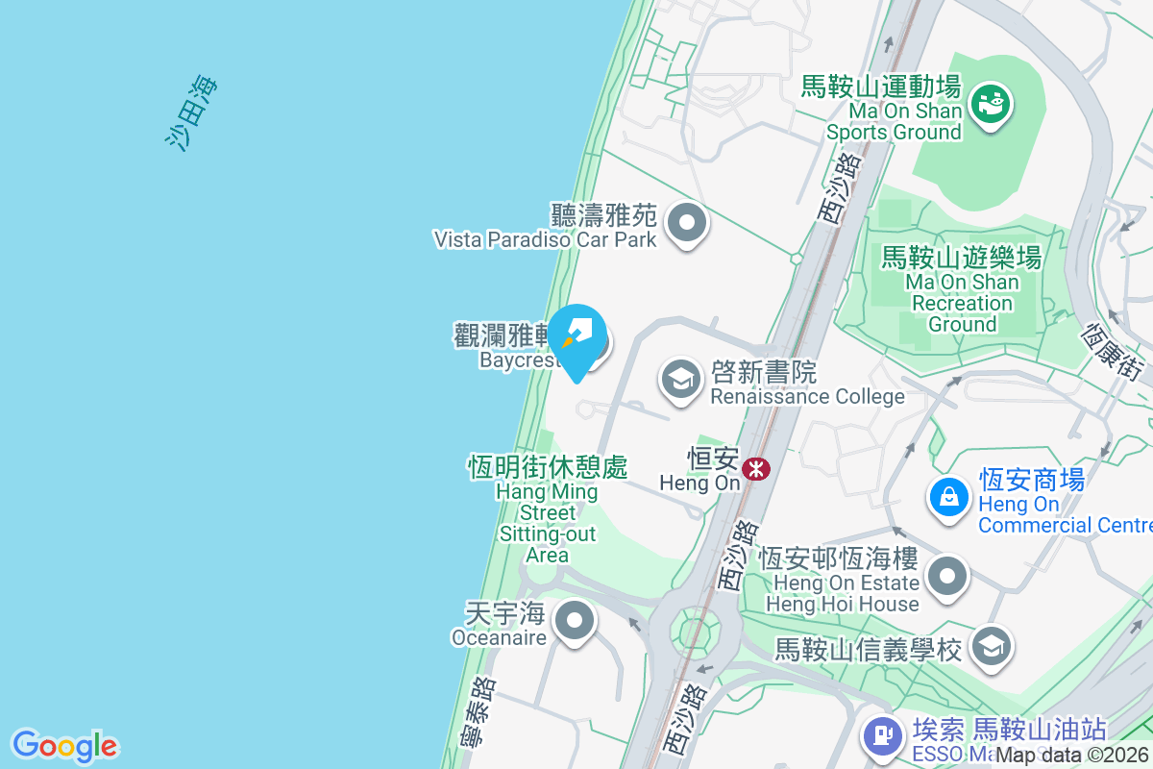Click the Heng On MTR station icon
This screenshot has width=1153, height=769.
(757, 468)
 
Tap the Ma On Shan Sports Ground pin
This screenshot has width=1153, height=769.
(989, 102)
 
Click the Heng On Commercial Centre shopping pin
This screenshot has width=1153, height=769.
(948, 497)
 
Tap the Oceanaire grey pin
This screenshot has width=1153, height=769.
(575, 621)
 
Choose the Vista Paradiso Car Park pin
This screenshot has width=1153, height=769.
(686, 224)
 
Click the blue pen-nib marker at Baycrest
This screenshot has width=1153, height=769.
(577, 338)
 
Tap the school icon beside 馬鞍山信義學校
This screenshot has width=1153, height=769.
(990, 646)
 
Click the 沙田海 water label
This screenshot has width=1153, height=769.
(192, 112)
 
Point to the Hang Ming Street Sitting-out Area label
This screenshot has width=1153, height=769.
(548, 509)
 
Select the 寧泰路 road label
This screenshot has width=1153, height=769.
(484, 712)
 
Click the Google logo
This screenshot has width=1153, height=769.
(64, 746)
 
